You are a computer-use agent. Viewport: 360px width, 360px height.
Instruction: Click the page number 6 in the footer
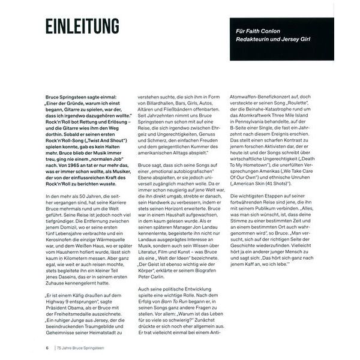click(47, 347)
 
